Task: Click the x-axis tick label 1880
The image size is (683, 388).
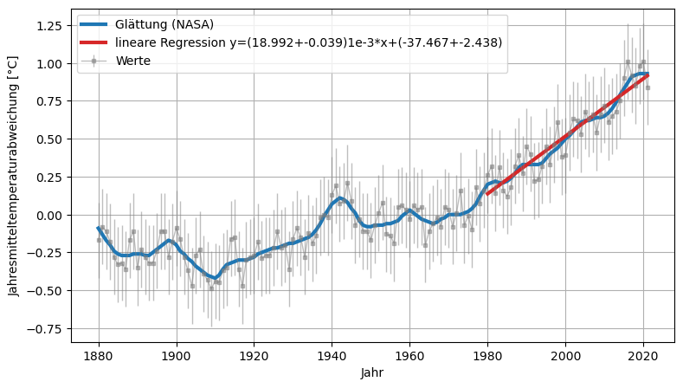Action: pos(99,355)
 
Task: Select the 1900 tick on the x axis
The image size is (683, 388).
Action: pos(177,355)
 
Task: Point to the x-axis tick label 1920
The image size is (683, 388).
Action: pos(255,355)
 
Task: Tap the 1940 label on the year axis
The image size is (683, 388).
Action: pos(332,355)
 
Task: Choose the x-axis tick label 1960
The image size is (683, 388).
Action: pos(409,355)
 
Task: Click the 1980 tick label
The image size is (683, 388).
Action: pos(487,355)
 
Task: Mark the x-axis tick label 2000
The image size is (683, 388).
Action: pos(565,355)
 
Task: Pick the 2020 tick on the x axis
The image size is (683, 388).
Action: pos(643,355)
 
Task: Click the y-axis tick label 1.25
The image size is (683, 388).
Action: pos(48,26)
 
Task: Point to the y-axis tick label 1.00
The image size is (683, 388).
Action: pos(48,64)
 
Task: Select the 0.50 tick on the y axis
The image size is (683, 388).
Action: pos(48,139)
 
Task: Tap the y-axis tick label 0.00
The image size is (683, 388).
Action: pos(48,215)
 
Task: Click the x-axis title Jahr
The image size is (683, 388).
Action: pos(373,372)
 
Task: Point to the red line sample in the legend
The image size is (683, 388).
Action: pos(93,42)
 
